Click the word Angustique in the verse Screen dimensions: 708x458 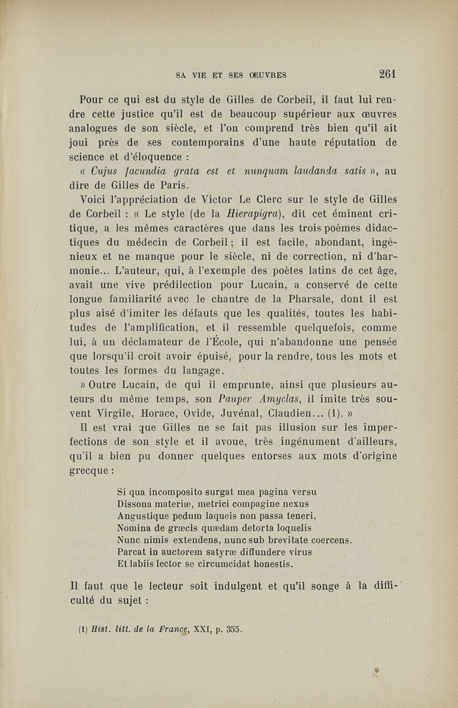pyautogui.click(x=143, y=516)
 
